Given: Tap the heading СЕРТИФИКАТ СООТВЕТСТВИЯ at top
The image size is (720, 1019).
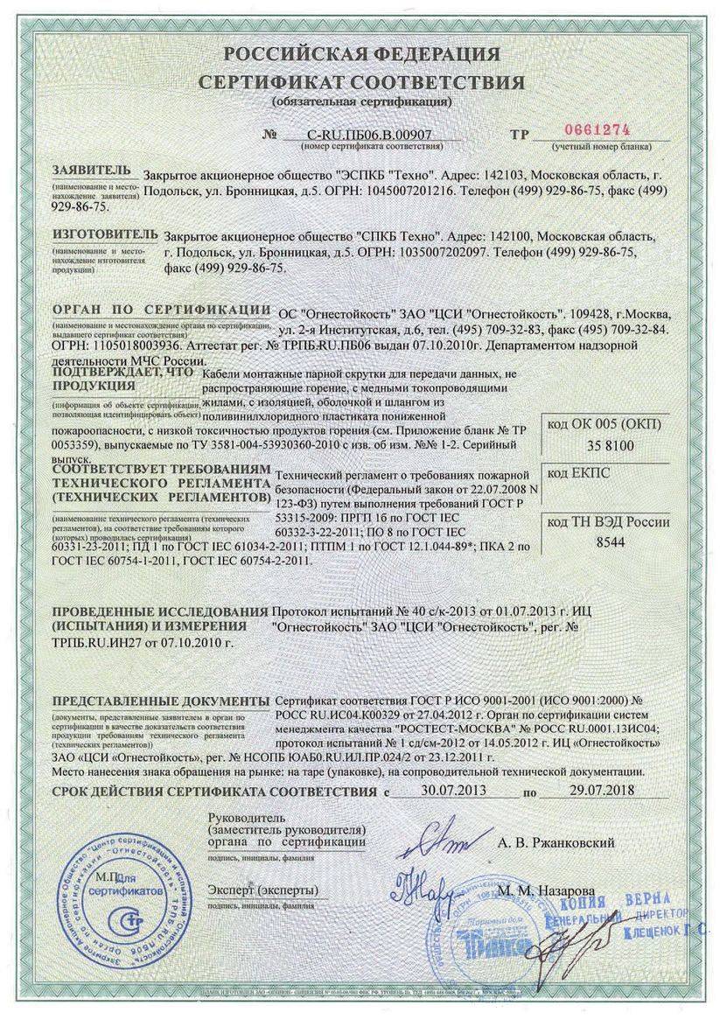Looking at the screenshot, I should pos(361,83).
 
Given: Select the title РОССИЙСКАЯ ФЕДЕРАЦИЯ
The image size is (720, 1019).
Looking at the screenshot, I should pos(361,55).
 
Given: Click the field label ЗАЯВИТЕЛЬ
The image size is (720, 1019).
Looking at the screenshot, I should pos(92,169).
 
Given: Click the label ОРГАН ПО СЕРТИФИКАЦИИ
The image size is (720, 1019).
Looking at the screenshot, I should pos(160,310).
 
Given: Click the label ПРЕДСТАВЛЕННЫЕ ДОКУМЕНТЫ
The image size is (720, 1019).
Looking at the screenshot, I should pos(160,702).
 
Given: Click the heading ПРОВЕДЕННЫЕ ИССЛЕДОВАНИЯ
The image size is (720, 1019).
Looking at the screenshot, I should pos(159,610).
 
